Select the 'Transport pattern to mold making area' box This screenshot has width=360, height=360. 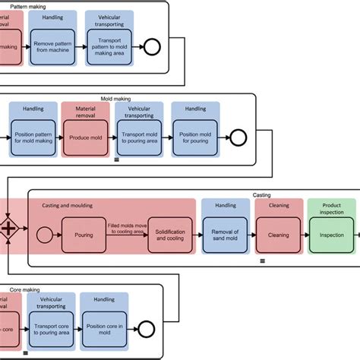click(x=109, y=49)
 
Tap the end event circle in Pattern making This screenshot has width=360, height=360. click(x=150, y=49)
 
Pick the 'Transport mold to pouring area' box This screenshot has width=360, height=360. click(x=138, y=138)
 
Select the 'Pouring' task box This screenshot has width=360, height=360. click(x=84, y=235)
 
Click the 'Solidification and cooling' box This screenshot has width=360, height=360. click(x=169, y=235)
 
